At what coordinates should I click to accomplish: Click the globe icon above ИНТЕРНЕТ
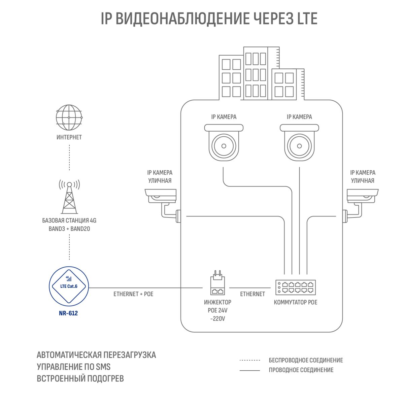[x=69, y=117]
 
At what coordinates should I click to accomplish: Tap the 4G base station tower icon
[x=69, y=196]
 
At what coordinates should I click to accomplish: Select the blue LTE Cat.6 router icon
[x=69, y=286]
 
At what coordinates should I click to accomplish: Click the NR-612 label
[x=68, y=313]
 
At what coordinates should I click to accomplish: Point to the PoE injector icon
[x=217, y=283]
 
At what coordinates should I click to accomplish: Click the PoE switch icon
[x=296, y=287]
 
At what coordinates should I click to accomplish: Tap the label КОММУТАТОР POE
[x=295, y=302]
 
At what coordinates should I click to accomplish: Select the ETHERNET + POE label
[x=133, y=294]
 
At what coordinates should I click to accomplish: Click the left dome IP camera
[x=224, y=142]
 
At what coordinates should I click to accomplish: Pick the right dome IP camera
[x=299, y=142]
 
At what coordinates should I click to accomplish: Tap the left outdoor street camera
[x=163, y=205]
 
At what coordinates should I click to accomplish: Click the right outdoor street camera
[x=360, y=205]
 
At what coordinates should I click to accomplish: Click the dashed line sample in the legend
[x=250, y=360]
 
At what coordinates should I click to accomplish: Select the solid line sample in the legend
[x=250, y=370]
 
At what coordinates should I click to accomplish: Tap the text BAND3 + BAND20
[x=69, y=229]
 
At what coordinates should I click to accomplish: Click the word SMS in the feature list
[x=103, y=367]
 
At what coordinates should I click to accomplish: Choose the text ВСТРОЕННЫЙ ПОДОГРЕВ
[x=80, y=379]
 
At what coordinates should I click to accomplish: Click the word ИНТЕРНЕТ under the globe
[x=69, y=137]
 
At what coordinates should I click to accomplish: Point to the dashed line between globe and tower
[x=69, y=158]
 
